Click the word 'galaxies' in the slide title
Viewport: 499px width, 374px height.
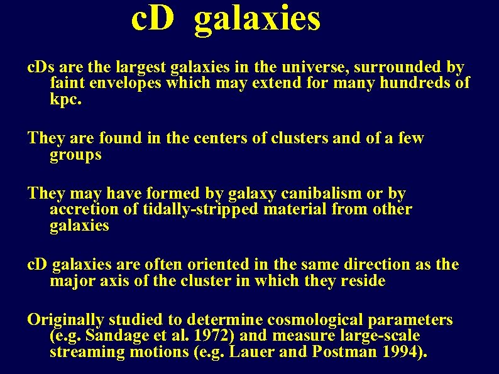point(257,19)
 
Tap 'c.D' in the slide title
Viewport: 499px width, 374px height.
point(152,19)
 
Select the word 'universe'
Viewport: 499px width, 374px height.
point(318,67)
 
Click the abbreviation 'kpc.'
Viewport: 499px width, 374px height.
point(66,99)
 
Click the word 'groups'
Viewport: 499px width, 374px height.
point(75,155)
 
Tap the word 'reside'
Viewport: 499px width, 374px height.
point(363,280)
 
